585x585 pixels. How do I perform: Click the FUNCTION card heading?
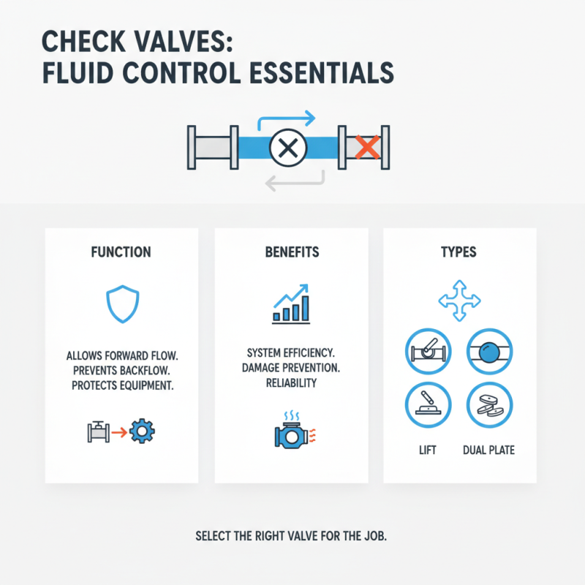(121, 252)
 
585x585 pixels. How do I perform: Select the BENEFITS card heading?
(291, 252)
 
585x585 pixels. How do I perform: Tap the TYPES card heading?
(459, 252)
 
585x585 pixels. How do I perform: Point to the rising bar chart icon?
(292, 305)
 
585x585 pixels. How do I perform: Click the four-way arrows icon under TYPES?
(459, 299)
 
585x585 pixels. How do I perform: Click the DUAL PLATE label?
(488, 450)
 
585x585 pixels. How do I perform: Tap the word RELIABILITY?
(289, 384)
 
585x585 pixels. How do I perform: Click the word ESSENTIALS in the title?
(322, 74)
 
